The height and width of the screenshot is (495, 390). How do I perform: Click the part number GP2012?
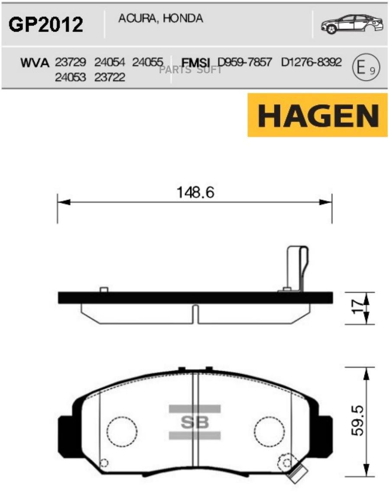click(46, 25)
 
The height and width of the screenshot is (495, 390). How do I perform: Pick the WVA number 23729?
click(71, 62)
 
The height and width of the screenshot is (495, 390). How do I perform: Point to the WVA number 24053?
click(71, 78)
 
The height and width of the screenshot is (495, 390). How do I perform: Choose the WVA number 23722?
click(110, 78)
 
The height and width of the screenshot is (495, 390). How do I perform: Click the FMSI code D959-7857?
click(245, 62)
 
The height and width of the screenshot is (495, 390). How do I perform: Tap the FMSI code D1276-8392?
click(311, 62)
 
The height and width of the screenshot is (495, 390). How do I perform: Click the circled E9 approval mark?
click(366, 68)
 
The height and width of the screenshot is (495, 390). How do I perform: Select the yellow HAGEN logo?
click(317, 115)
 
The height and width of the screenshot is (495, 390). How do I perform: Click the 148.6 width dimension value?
click(195, 191)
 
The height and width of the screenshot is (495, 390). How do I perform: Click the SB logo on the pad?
click(195, 422)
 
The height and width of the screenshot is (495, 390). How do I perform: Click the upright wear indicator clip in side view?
click(298, 269)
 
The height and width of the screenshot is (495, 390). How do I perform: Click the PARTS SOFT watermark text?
click(191, 70)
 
